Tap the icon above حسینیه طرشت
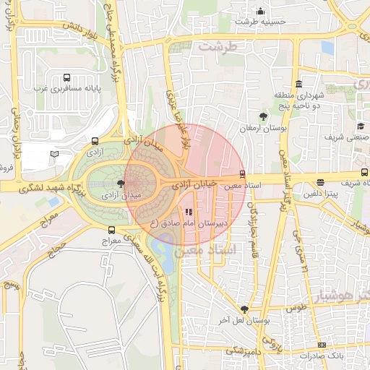coord(260,12)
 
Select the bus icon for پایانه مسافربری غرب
coord(67,77)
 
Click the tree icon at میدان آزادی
coord(120,184)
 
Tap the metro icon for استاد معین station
coord(242,173)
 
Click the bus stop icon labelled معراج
coord(111,228)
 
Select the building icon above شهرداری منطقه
coord(298,83)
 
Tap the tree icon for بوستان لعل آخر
coord(246,309)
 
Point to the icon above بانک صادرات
coord(322,345)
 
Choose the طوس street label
coord(296,307)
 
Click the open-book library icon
coord(53,154)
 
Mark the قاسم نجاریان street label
coord(253,217)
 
